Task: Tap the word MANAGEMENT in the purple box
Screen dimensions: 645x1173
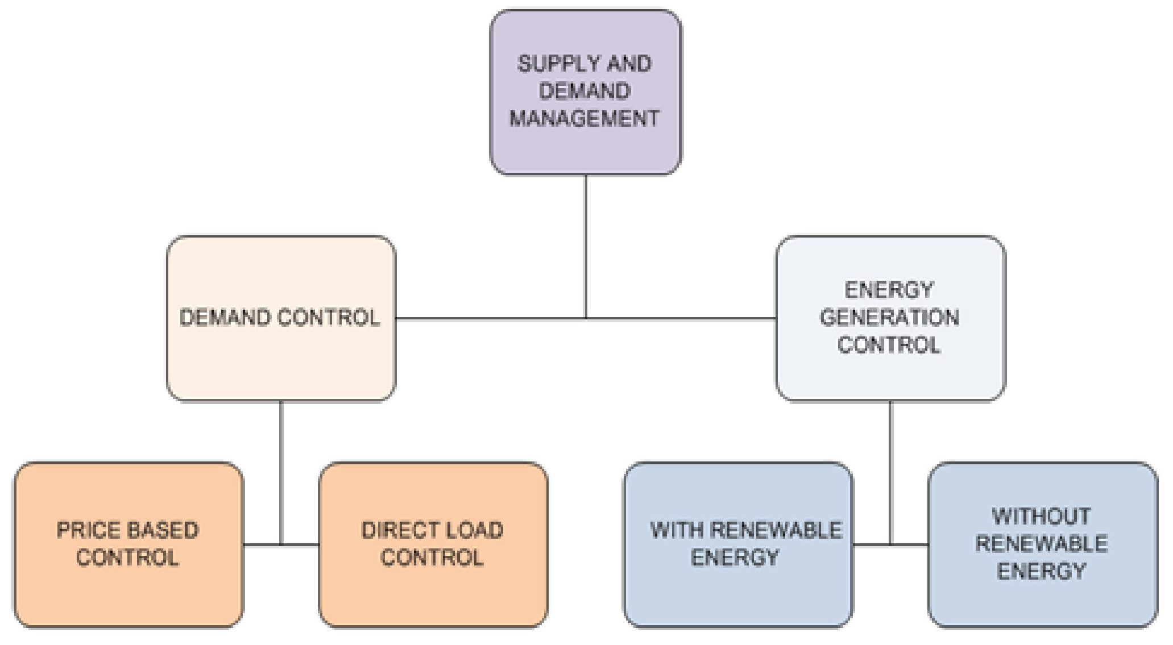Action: click(x=585, y=119)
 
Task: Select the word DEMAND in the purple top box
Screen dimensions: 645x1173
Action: click(x=585, y=91)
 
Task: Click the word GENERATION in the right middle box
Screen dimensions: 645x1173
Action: click(x=889, y=318)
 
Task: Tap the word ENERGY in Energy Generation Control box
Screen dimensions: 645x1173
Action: click(x=889, y=290)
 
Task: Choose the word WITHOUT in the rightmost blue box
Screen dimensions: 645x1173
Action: click(x=1041, y=517)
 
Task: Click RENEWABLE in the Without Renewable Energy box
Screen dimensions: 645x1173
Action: click(x=1041, y=544)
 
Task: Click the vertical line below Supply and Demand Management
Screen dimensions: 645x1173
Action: click(x=586, y=244)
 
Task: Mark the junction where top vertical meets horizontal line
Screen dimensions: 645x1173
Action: click(x=586, y=319)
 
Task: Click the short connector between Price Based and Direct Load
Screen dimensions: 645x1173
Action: click(x=281, y=545)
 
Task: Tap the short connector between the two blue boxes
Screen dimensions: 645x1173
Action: click(x=890, y=545)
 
